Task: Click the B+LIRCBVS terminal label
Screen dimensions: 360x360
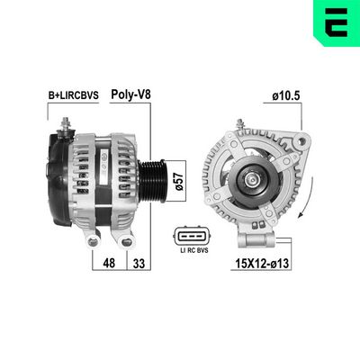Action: [x=74, y=95]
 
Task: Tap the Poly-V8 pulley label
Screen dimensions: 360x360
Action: [x=130, y=94]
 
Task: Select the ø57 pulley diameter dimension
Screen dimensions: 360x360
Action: [x=179, y=181]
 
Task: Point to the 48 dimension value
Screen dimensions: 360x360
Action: [x=109, y=263]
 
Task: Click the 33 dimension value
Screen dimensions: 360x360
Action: [x=139, y=264]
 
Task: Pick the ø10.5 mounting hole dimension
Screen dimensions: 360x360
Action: [x=286, y=96]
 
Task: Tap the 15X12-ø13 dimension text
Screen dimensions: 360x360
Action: [x=262, y=264]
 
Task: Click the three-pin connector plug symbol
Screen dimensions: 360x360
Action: [x=192, y=237]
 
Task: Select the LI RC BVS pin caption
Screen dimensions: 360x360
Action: [x=193, y=250]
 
